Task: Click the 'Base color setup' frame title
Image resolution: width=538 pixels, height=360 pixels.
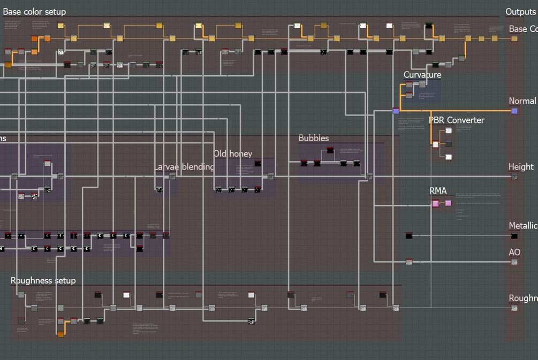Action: click(x=35, y=12)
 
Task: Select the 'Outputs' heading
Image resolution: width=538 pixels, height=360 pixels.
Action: click(x=520, y=12)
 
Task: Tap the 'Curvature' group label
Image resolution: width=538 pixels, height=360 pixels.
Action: click(x=422, y=75)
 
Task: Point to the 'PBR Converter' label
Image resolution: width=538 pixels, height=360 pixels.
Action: click(x=456, y=120)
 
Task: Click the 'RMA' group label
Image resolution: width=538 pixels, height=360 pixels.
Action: click(x=438, y=191)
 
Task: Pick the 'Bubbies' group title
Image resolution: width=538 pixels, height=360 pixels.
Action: click(x=314, y=139)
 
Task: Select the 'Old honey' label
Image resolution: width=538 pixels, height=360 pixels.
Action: click(x=233, y=154)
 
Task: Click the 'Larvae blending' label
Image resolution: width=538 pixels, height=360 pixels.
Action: click(x=185, y=167)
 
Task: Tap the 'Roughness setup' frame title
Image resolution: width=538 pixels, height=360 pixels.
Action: click(x=43, y=281)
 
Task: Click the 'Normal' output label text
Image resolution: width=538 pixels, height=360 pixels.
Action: click(x=522, y=101)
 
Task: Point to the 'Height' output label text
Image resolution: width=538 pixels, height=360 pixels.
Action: click(x=521, y=167)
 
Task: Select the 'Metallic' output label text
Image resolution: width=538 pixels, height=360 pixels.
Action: click(x=522, y=226)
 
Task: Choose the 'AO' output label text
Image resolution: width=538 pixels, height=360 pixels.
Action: click(x=514, y=252)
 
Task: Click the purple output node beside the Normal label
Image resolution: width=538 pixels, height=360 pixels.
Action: click(x=514, y=111)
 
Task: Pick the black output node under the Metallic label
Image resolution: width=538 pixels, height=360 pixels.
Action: click(x=514, y=236)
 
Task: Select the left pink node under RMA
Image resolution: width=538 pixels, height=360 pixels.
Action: click(x=435, y=203)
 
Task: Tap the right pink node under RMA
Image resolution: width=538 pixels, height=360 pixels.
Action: click(x=448, y=203)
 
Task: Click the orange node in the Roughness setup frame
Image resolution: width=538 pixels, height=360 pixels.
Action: click(x=60, y=334)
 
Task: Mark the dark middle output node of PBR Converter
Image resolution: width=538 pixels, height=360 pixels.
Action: click(x=449, y=144)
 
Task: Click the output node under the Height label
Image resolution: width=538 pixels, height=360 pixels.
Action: click(x=514, y=177)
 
